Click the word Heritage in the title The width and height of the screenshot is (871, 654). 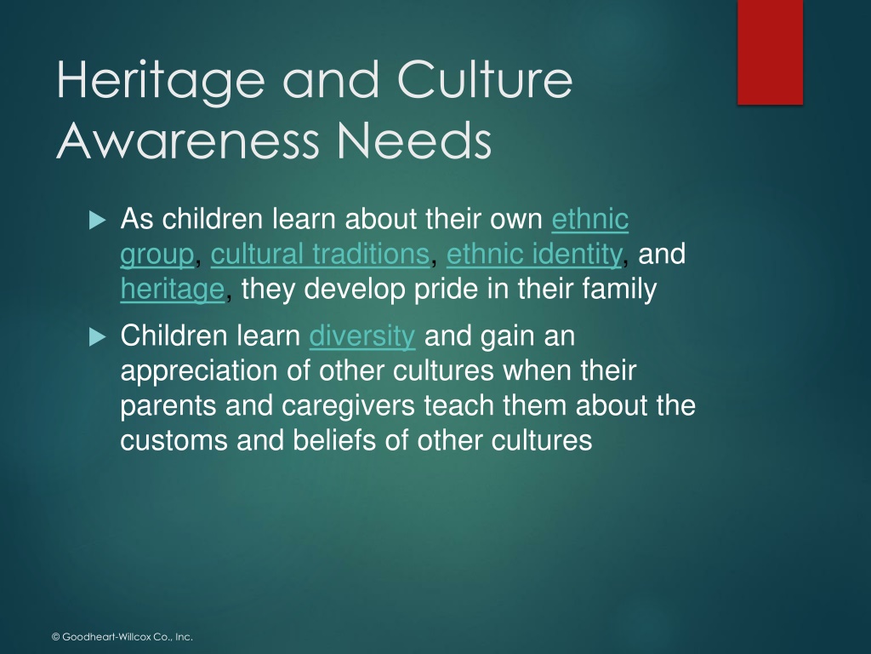[x=161, y=81]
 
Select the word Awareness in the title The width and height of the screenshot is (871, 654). [x=188, y=141]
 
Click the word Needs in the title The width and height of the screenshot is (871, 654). [x=414, y=141]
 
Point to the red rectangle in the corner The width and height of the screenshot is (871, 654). [x=770, y=52]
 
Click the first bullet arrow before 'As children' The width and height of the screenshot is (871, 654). [x=97, y=221]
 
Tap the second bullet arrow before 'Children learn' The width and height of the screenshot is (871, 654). [x=97, y=337]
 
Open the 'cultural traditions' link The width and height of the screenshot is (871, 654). [x=320, y=255]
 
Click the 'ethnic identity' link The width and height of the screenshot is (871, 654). [x=534, y=255]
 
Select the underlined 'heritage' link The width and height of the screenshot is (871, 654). [x=172, y=290]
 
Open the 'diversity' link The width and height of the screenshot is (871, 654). [x=362, y=336]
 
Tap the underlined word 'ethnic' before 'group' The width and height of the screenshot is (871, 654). [x=590, y=219]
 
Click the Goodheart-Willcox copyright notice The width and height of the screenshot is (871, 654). [x=122, y=637]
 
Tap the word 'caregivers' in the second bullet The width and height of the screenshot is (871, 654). [x=348, y=406]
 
